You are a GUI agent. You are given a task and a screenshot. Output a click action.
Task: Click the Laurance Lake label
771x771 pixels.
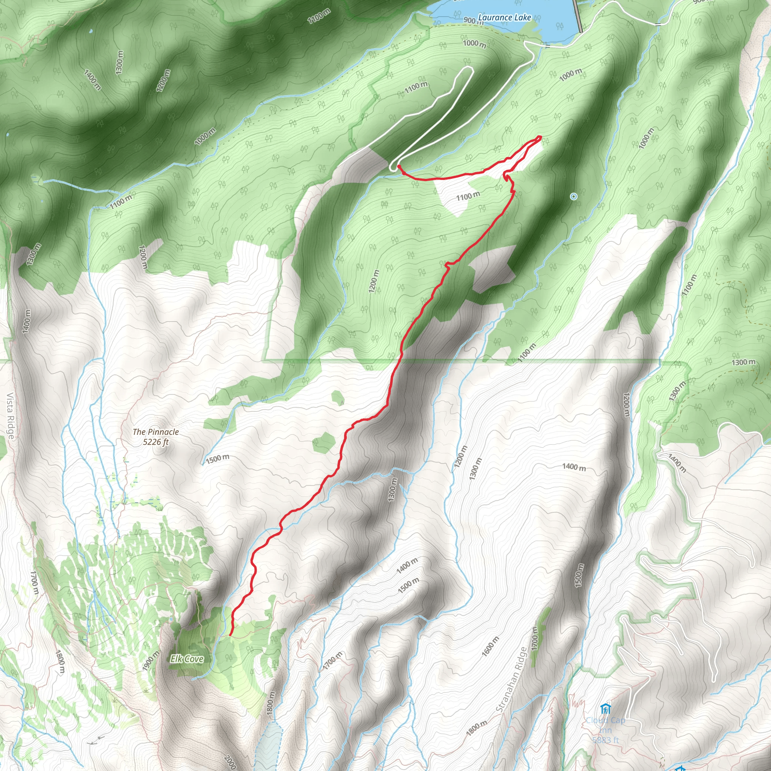[x=504, y=17]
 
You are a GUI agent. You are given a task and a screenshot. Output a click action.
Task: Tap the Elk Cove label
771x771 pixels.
[x=187, y=659]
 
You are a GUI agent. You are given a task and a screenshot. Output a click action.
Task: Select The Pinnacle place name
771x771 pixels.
[x=155, y=432]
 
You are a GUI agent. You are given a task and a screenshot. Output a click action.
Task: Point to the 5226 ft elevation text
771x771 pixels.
[x=155, y=442]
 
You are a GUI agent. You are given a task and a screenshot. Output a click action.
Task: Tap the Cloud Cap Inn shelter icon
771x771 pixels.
[x=605, y=709]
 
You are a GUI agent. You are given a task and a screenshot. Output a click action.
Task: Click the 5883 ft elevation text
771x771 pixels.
[x=605, y=740]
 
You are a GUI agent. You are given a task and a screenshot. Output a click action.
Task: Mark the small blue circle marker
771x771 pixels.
[x=573, y=197]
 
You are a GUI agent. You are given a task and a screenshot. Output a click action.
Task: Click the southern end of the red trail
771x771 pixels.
[x=230, y=634]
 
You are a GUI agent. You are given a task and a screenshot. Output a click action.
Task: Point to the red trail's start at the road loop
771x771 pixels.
[x=399, y=166]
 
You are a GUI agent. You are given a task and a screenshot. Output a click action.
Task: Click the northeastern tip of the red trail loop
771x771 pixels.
[x=540, y=138]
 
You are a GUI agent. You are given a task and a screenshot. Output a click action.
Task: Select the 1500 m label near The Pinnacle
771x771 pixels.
[x=218, y=459]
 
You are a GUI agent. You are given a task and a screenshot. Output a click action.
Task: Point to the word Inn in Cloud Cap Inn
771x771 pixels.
[x=605, y=730]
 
